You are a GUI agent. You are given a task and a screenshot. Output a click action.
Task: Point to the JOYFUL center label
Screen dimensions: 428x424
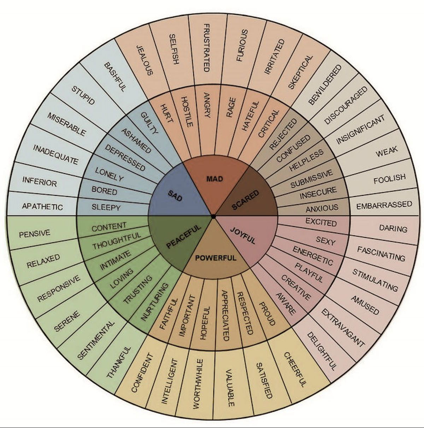pos(243,235)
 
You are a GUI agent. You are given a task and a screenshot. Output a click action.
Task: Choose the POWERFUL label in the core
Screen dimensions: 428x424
pos(216,258)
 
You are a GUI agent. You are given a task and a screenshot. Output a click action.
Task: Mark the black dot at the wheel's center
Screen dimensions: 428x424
pos(213,216)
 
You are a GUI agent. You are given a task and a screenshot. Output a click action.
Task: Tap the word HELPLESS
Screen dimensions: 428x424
pos(306,160)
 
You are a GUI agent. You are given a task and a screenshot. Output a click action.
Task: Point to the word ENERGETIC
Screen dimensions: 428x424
pos(313,256)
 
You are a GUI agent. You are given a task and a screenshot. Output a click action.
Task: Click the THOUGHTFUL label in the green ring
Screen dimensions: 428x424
pos(117,241)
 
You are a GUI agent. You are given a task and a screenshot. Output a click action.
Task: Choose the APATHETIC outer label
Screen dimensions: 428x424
pos(42,206)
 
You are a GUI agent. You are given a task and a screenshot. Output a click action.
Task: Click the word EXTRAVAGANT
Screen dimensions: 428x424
pos(342,327)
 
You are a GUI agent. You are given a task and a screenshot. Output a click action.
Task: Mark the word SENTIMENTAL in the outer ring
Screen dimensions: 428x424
pos(96,340)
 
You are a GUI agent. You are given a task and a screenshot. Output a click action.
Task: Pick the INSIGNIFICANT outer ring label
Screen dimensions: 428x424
pos(360,130)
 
